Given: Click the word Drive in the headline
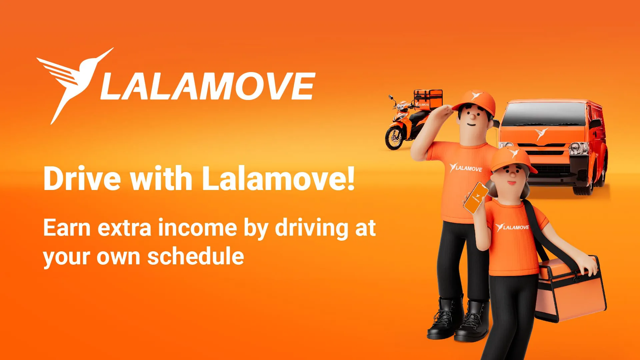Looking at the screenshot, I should pos(82,179).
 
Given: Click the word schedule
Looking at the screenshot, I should pos(195,256).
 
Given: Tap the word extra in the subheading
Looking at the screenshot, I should pos(125,229).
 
